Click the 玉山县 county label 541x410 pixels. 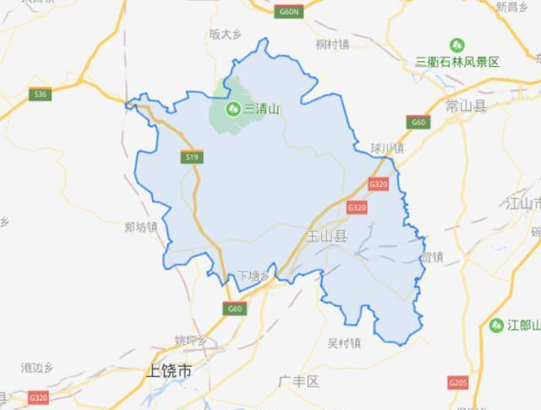(327, 238)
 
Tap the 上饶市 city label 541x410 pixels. (169, 369)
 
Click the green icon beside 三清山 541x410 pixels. (232, 107)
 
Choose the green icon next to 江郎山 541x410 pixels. (496, 325)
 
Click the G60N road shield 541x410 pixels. (289, 13)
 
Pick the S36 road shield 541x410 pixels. (39, 94)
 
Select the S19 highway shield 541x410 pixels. (191, 156)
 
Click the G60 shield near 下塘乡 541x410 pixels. (235, 309)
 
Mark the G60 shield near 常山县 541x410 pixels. (419, 123)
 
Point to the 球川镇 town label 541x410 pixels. (387, 147)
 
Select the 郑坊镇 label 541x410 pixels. (140, 227)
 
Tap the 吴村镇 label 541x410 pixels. (344, 342)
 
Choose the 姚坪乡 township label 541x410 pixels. (191, 341)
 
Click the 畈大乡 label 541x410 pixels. (227, 35)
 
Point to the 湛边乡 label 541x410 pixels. (38, 367)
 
